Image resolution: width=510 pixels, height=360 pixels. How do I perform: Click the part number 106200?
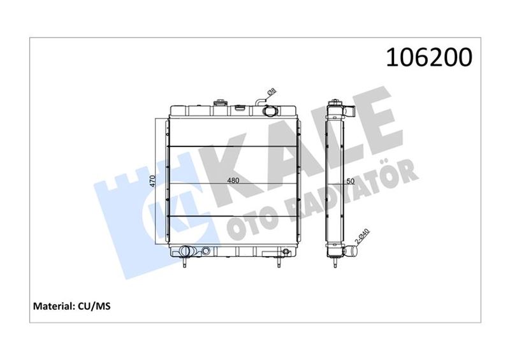[428, 57]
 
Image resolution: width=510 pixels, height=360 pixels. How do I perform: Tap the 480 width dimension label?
[233, 180]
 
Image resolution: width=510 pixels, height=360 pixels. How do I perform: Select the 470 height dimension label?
[152, 180]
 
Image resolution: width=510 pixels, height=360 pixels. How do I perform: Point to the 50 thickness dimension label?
[350, 181]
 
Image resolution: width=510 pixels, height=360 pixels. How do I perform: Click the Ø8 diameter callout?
[272, 91]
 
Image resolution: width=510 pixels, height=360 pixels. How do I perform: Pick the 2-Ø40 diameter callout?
[362, 236]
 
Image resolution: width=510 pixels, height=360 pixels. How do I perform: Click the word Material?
[54, 306]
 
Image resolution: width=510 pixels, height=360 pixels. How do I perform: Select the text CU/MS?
[94, 306]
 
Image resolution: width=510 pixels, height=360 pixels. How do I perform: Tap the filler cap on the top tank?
[220, 103]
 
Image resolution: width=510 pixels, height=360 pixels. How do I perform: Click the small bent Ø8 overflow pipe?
[259, 101]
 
